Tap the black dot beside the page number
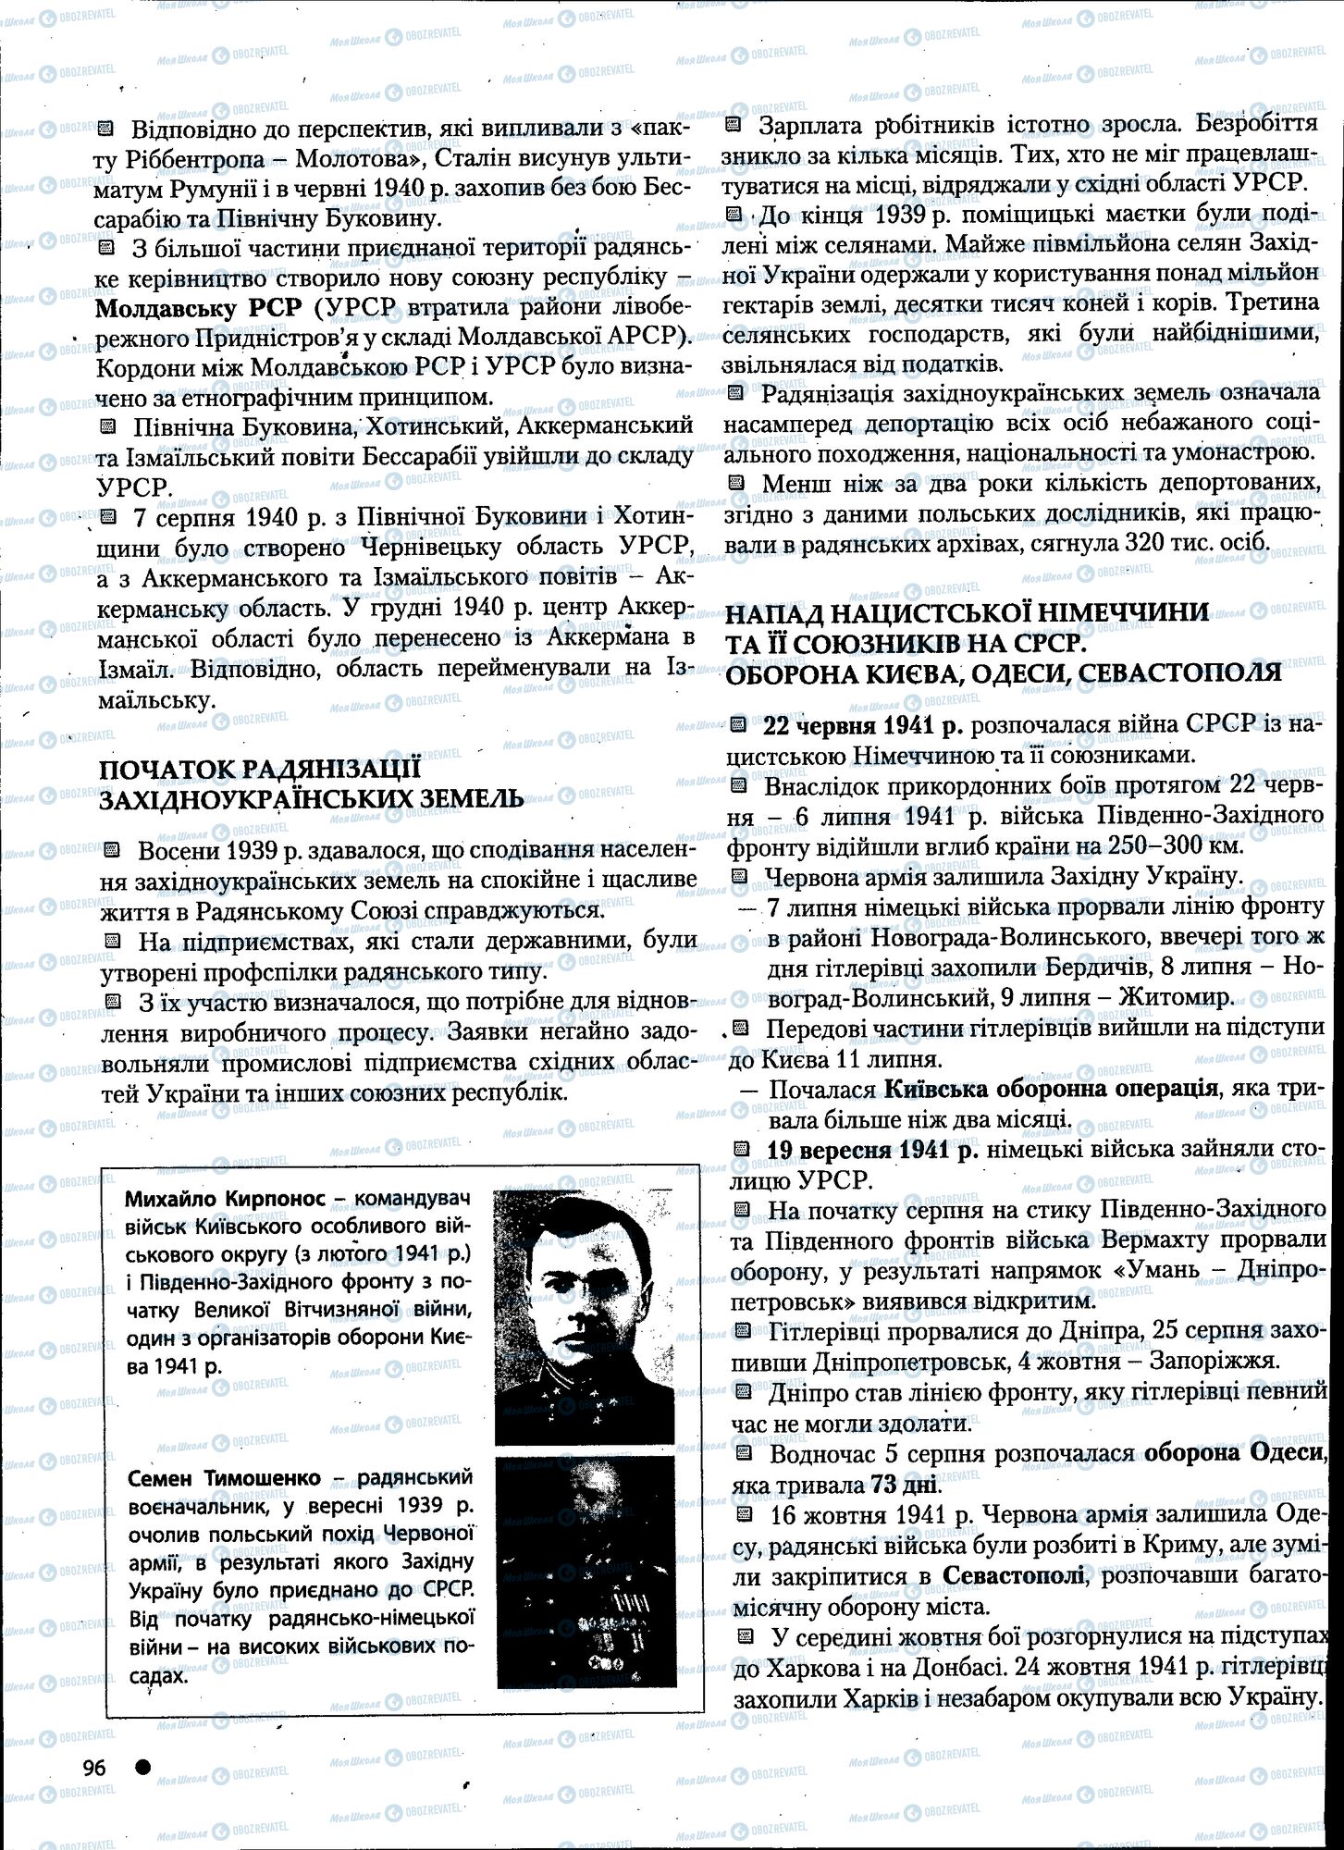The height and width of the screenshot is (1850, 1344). [x=142, y=1766]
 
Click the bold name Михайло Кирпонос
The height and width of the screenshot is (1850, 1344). [x=223, y=1199]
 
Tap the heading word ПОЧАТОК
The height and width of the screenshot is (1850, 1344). [x=166, y=770]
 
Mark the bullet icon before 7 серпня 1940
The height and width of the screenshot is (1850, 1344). [x=109, y=516]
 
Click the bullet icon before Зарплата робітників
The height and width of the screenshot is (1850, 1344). [x=734, y=124]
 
